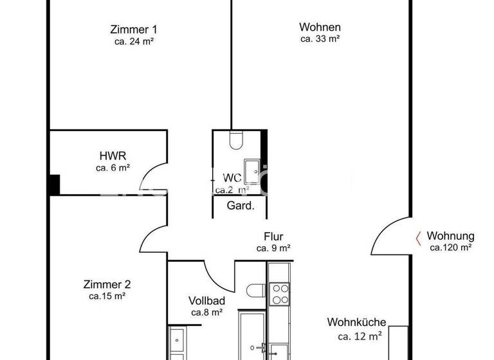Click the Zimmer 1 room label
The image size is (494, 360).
point(134,29)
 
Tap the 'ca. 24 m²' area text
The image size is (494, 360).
point(134,40)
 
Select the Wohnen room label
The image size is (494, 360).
point(320,28)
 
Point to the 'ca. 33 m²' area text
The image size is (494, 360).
point(320,39)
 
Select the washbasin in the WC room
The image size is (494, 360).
point(257,170)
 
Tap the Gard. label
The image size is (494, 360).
point(241,206)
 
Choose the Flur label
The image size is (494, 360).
point(273,237)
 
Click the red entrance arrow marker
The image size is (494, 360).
point(418,238)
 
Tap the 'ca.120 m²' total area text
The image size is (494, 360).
point(451,248)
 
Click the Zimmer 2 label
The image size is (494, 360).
point(107,285)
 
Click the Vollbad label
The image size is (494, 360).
point(206,301)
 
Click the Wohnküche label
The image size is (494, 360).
point(356,323)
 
